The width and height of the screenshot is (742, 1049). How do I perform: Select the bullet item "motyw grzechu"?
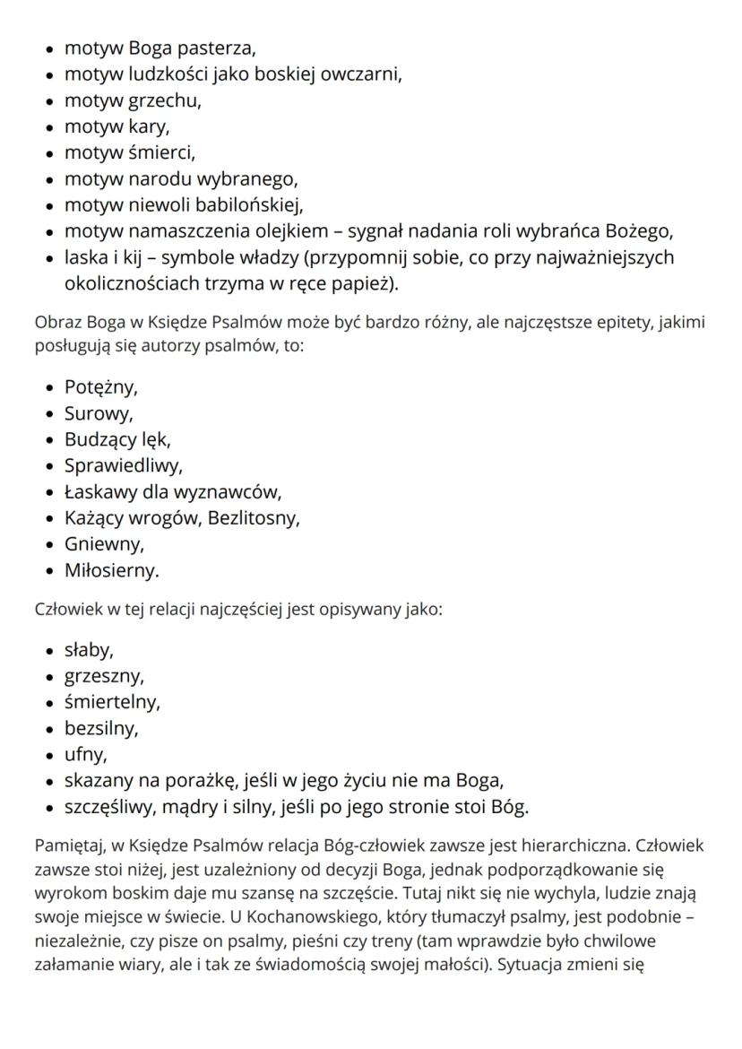point(133,100)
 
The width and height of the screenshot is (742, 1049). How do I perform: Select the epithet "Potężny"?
point(100,387)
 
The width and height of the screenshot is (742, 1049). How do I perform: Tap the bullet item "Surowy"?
point(98,413)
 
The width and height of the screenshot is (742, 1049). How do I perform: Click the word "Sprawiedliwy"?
point(123,465)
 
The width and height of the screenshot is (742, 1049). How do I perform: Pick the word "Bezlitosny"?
point(254,517)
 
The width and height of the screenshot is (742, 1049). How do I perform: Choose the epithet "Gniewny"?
point(103,543)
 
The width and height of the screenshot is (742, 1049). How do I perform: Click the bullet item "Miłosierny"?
point(111,569)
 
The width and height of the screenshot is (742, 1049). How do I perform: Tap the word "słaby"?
point(88,649)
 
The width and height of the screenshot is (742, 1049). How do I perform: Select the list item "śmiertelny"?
point(112,701)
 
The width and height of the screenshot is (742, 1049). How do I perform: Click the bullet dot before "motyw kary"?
point(49,126)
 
